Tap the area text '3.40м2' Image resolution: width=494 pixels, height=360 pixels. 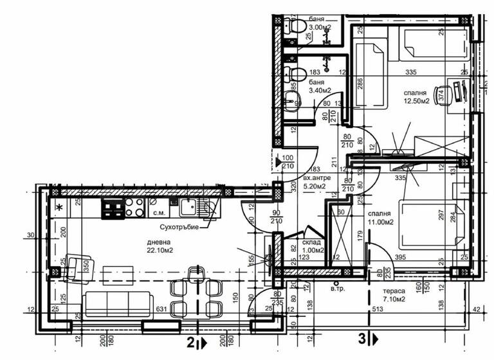[320, 91]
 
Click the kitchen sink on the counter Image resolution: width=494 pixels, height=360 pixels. [188, 206]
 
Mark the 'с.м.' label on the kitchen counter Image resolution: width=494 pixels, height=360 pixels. [158, 212]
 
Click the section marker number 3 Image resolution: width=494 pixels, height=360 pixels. [362, 337]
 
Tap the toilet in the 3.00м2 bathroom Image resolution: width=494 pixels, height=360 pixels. [297, 26]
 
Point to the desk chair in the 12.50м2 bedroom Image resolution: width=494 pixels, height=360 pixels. [442, 94]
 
